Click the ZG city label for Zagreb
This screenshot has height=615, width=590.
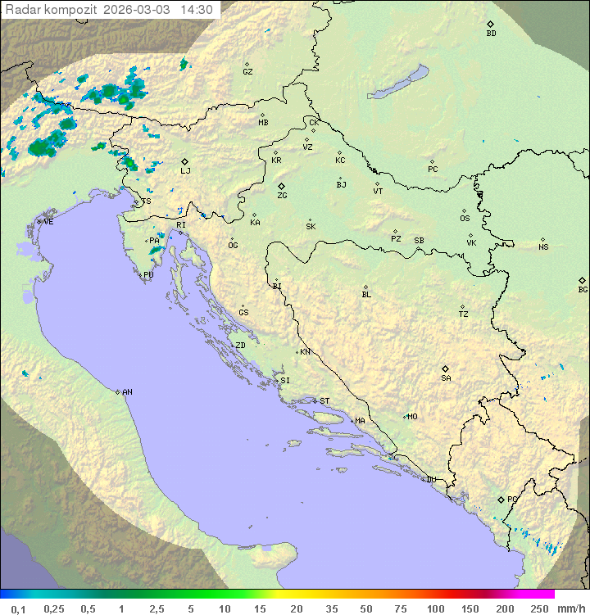click(282, 196)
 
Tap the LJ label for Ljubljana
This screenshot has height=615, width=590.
click(185, 170)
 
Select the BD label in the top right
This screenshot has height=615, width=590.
click(491, 34)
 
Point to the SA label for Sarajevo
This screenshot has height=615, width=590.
click(446, 378)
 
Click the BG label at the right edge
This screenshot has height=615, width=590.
click(583, 289)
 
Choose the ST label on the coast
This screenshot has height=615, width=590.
click(324, 400)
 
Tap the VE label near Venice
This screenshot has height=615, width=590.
click(48, 221)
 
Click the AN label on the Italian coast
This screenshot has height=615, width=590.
click(127, 392)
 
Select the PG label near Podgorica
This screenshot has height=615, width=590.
click(512, 499)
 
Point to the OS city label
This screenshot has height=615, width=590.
click(465, 219)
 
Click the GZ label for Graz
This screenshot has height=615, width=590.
click(247, 71)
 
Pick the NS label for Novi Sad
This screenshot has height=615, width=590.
click(543, 246)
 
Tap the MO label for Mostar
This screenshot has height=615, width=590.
click(412, 416)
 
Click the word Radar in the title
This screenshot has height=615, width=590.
click(22, 10)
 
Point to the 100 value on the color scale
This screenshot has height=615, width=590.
click(435, 608)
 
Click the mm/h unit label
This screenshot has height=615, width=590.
click(569, 608)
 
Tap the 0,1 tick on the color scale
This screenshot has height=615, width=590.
click(18, 608)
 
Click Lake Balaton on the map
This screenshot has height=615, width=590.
click(398, 84)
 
